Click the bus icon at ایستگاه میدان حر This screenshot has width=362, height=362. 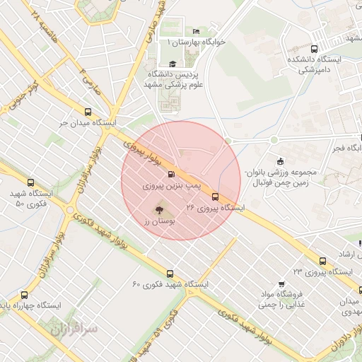(x=88, y=112)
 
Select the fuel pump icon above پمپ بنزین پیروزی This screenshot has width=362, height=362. (x=170, y=174)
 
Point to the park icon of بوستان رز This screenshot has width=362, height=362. (x=158, y=210)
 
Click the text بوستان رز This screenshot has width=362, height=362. (x=159, y=221)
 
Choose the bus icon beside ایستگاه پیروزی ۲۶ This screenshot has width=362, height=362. (x=215, y=199)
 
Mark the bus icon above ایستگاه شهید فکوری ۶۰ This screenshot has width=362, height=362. (x=169, y=274)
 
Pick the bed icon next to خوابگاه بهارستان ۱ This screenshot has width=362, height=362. (x=196, y=32)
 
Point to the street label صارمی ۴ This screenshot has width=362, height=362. (x=90, y=80)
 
